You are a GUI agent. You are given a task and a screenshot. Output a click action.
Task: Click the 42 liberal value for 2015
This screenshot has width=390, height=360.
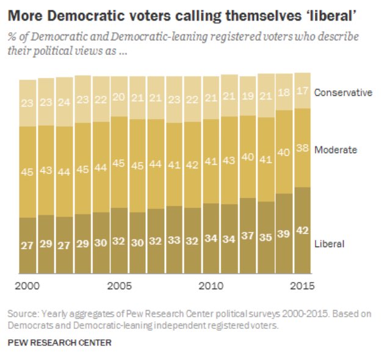302,231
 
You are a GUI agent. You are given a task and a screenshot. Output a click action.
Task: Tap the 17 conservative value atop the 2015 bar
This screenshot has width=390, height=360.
302,92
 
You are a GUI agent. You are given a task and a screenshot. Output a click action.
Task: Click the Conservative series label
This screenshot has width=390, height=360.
342,93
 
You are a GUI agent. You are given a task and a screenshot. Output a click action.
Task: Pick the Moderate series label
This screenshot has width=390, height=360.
335,149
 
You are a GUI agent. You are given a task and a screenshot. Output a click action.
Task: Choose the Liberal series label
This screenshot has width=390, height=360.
330,243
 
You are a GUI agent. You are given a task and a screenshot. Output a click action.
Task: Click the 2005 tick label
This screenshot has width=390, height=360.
119,285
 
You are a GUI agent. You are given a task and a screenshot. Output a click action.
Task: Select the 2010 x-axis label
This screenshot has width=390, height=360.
211,285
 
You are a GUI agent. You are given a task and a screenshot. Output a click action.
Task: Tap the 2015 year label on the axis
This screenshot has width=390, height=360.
302,285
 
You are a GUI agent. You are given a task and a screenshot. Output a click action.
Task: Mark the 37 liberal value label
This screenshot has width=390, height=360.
247,236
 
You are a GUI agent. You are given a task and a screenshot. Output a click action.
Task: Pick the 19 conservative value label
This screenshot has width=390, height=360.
247,95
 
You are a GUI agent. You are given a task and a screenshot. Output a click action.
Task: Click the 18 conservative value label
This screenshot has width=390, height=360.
284,93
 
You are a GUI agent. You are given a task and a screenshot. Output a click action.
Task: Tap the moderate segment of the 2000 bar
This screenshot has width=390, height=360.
27,171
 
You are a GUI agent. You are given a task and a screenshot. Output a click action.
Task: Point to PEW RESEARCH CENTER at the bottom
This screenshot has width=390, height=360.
59,343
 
